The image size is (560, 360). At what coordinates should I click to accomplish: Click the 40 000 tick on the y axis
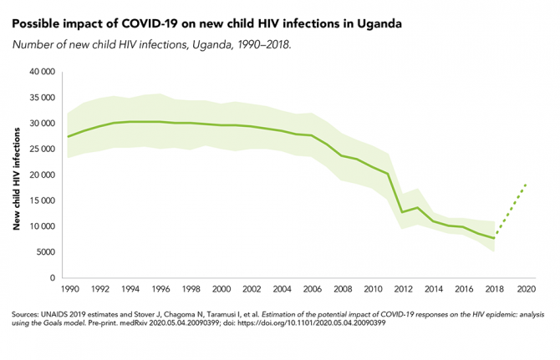[x=42, y=73]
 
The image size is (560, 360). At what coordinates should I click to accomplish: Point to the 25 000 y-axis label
[x=42, y=150]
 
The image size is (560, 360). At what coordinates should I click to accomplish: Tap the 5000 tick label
[x=45, y=252]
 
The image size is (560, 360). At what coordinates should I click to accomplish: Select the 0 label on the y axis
[x=53, y=278]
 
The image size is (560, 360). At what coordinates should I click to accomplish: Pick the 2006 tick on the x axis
[x=313, y=289]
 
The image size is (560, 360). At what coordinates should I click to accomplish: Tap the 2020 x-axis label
[x=527, y=289]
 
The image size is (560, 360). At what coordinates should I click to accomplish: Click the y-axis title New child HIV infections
[x=17, y=175]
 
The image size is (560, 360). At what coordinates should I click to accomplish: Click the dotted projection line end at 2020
[x=526, y=183]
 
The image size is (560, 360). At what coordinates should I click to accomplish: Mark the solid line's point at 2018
[x=495, y=238]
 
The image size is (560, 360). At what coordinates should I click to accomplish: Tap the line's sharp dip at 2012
[x=403, y=212]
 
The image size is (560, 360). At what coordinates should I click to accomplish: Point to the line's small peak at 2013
[x=418, y=207]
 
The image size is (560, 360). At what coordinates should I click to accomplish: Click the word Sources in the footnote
[x=28, y=314]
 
